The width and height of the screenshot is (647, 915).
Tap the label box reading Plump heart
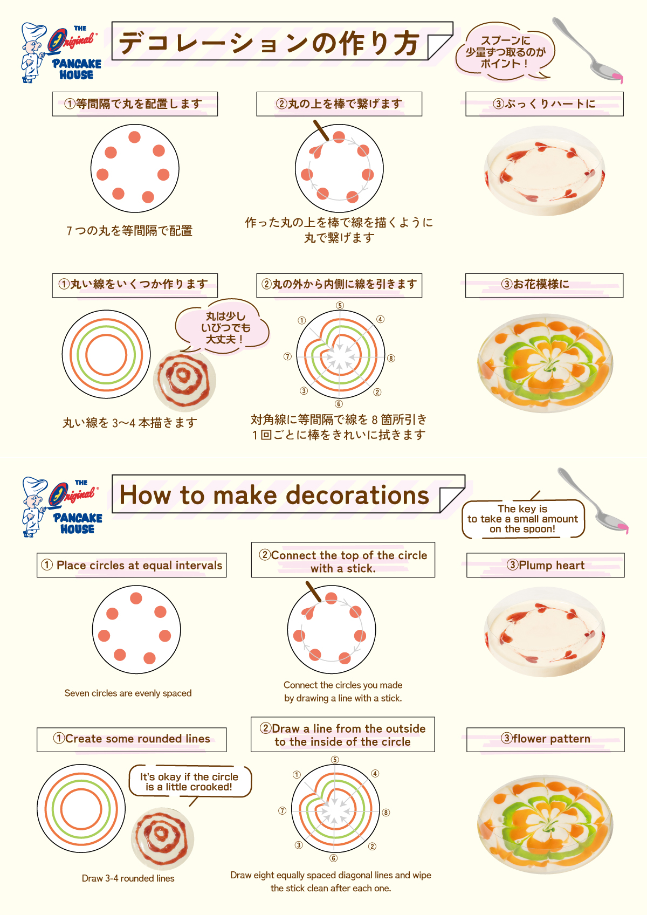[545, 565]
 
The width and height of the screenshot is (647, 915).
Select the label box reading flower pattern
[545, 739]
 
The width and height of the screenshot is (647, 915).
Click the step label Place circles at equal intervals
[132, 565]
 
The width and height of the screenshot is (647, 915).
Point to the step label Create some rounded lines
[132, 739]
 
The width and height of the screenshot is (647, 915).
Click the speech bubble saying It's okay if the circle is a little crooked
[189, 781]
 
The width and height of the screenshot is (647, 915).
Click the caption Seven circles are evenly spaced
[128, 693]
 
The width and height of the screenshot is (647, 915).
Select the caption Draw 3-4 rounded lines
[128, 878]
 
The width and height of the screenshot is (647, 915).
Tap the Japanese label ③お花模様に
[544, 285]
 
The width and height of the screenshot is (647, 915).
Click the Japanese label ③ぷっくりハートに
[544, 104]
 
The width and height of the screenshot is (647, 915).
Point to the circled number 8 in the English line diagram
[386, 813]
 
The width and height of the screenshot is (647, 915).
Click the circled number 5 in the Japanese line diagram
[340, 306]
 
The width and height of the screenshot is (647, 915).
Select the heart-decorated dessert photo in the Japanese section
[545, 171]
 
